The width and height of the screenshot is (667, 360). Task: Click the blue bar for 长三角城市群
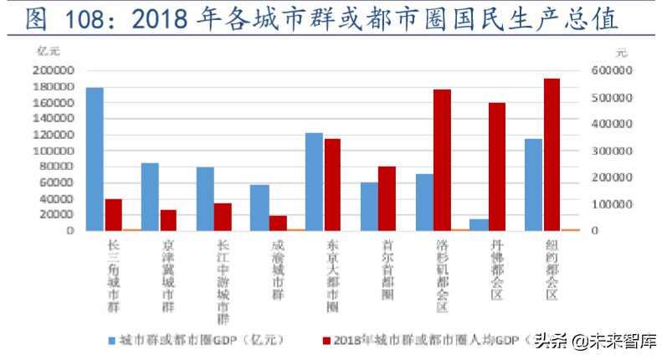coord(95,158)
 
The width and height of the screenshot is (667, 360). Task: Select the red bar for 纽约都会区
coord(552,154)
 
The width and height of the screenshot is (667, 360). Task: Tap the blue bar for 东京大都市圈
coord(314,181)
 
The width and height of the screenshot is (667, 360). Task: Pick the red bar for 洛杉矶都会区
coord(442,159)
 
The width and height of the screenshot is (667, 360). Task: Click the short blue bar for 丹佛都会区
coord(479,224)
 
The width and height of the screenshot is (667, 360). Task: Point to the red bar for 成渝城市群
coord(278,222)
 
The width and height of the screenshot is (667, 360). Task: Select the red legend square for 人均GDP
coord(326,341)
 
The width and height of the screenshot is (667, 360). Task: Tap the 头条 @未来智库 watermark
coord(596,341)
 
